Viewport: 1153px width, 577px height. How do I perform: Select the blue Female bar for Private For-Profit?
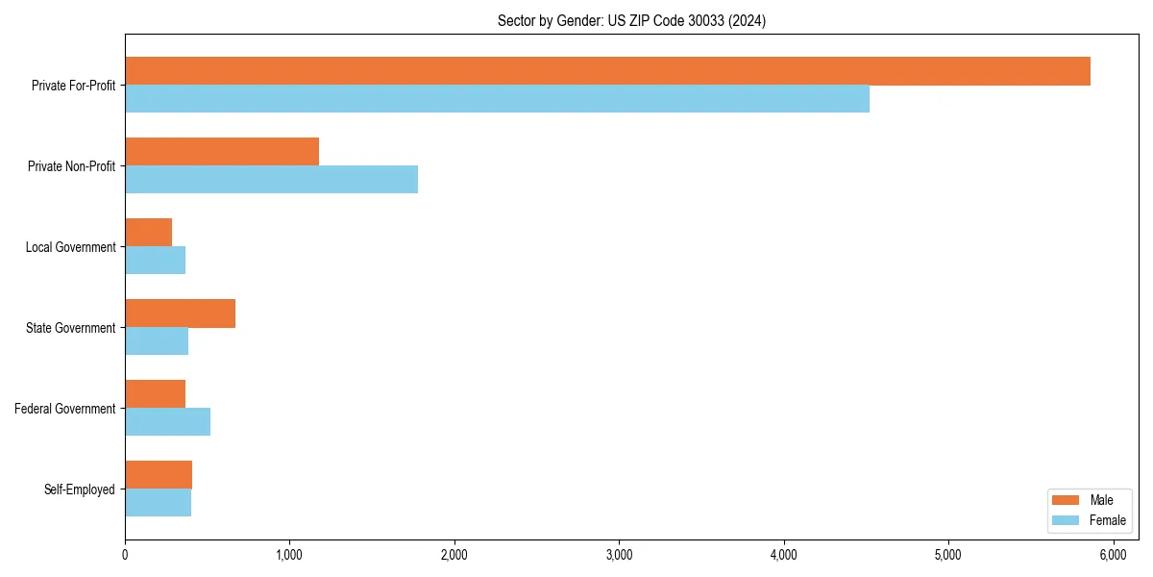[x=497, y=99]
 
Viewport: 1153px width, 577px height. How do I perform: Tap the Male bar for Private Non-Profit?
[x=222, y=152]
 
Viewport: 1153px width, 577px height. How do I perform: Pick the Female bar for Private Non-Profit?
[x=271, y=180]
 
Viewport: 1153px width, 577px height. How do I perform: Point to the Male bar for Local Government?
[x=149, y=233]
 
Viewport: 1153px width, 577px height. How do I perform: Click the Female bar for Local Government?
[x=156, y=261]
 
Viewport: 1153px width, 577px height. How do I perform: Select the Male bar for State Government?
[x=181, y=314]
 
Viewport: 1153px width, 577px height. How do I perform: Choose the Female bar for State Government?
[x=157, y=341]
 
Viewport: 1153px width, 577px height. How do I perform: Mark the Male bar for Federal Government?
[x=156, y=394]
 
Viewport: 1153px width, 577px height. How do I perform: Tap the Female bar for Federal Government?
[x=168, y=422]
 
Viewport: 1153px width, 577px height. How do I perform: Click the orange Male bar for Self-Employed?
[x=159, y=475]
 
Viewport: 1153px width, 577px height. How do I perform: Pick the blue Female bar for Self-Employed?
[x=159, y=503]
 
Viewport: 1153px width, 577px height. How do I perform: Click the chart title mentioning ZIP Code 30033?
[x=631, y=20]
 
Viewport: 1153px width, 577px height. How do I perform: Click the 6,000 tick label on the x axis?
[x=1113, y=555]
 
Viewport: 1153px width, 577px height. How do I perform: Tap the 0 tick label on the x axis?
[x=125, y=555]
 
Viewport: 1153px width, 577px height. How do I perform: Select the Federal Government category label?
[x=65, y=409]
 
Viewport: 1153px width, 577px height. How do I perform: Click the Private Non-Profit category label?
[x=71, y=166]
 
